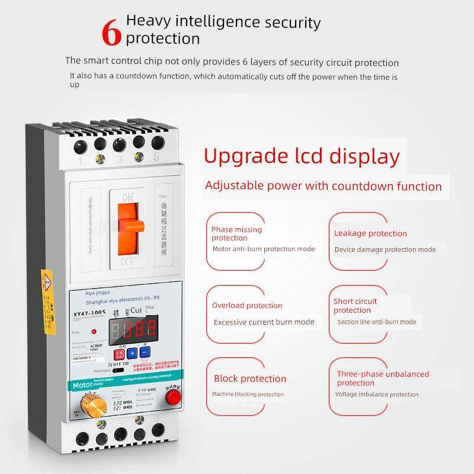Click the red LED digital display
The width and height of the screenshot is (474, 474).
coord(134,328)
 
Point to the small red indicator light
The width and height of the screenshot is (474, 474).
coord(94,331)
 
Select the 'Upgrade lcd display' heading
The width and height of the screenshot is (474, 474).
coord(302,157)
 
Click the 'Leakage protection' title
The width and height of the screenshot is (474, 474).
coord(370,233)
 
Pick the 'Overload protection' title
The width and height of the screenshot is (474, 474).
coord(247,306)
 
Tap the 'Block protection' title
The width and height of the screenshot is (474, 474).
coord(250,379)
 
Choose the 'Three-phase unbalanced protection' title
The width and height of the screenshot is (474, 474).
coord(382,378)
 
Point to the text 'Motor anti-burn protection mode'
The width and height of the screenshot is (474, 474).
coord(264,249)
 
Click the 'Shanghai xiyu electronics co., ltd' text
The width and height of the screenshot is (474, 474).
coord(127,298)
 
